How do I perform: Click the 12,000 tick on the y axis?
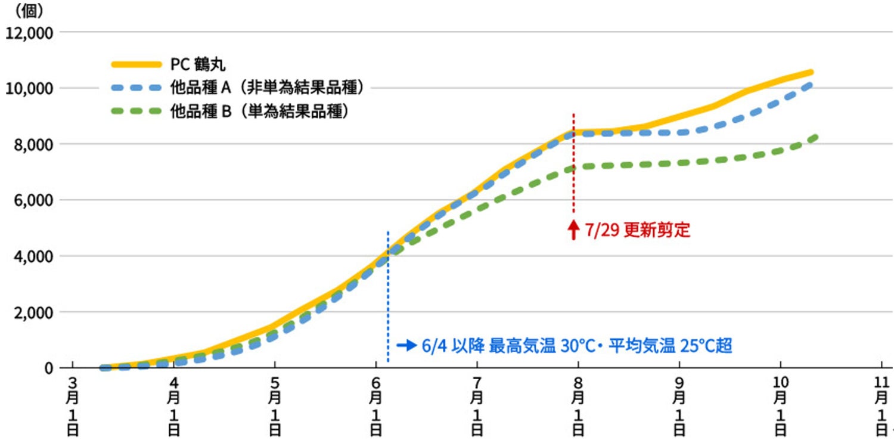tap(30, 32)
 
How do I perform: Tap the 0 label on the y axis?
tap(48, 368)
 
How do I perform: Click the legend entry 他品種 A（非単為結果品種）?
tap(266, 88)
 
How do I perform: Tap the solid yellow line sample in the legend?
tap(136, 64)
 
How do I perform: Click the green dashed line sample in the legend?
tap(136, 111)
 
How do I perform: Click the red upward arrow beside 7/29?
tap(573, 230)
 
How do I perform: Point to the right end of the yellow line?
tap(811, 72)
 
